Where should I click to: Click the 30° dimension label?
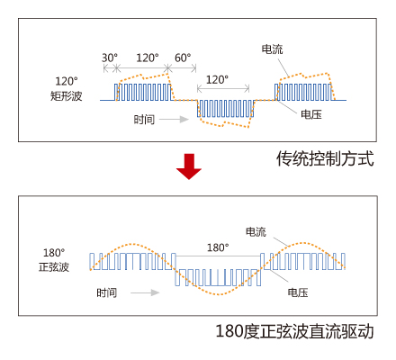(110, 58)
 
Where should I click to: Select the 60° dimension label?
(183, 58)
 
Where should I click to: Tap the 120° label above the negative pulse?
(217, 80)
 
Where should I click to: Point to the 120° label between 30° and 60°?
(148, 58)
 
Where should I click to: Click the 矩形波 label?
(66, 96)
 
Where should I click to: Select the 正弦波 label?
(54, 267)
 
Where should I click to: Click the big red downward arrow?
(189, 166)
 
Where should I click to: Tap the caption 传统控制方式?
(325, 158)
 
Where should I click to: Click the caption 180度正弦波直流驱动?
(295, 331)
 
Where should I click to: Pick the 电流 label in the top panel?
(273, 49)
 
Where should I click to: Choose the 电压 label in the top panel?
(311, 114)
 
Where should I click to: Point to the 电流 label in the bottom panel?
(256, 231)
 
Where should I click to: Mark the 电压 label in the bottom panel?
(298, 292)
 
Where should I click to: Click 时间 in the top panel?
(144, 120)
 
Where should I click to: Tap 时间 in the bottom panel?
(107, 292)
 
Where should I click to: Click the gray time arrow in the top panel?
(174, 120)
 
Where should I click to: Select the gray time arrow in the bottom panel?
(145, 292)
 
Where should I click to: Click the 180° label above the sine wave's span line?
(218, 247)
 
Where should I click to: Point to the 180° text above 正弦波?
(54, 253)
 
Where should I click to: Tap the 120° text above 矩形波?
(67, 81)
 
